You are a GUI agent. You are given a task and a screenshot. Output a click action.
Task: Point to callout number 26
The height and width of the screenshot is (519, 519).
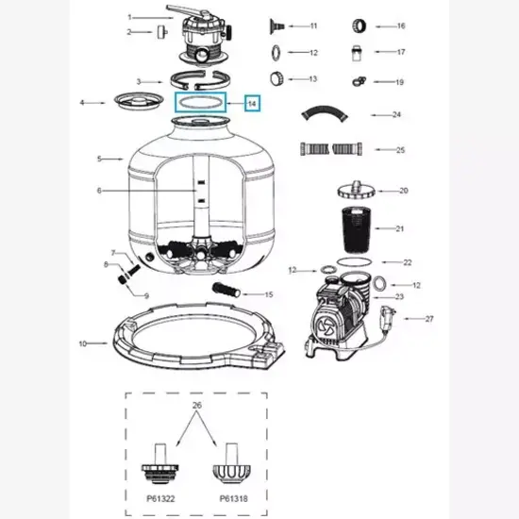196,406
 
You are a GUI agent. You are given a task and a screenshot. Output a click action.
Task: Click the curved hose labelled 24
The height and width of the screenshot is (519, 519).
324,115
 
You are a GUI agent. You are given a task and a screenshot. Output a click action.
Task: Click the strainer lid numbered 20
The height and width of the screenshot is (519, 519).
355,191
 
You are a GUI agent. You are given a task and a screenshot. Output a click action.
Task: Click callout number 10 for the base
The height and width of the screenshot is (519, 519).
82,343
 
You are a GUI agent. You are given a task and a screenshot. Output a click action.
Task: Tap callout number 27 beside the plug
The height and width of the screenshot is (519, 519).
429,319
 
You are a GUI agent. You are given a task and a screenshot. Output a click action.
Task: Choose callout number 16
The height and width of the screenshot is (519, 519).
400,26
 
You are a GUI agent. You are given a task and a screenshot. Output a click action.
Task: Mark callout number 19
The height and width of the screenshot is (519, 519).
400,81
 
